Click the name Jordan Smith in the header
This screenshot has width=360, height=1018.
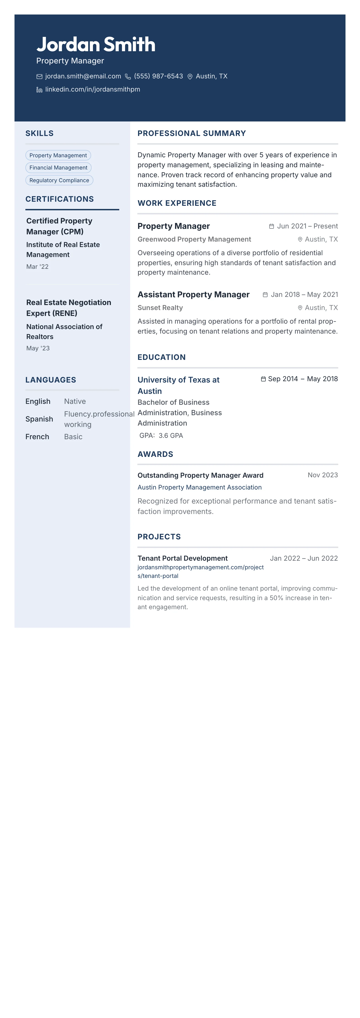pyautogui.click(x=96, y=44)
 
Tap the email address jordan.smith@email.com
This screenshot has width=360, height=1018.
pyautogui.click(x=83, y=76)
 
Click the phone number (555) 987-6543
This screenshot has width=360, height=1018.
pyautogui.click(x=158, y=76)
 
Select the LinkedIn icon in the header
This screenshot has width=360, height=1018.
pyautogui.click(x=39, y=90)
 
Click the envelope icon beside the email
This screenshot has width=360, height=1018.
pyautogui.click(x=39, y=77)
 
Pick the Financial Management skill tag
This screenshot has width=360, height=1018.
pyautogui.click(x=58, y=167)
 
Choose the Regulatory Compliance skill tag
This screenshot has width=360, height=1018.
pyautogui.click(x=59, y=180)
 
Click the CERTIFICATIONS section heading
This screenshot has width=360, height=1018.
pyautogui.click(x=60, y=199)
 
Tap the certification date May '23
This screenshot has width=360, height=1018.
pyautogui.click(x=38, y=348)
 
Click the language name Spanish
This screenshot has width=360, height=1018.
pyautogui.click(x=39, y=419)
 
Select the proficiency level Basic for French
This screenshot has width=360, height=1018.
pyautogui.click(x=73, y=437)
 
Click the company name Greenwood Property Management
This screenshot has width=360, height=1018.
pyautogui.click(x=194, y=239)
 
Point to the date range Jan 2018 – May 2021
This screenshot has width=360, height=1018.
pyautogui.click(x=304, y=294)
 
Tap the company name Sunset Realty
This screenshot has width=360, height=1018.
pyautogui.click(x=160, y=308)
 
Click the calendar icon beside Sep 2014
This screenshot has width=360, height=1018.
pyautogui.click(x=263, y=379)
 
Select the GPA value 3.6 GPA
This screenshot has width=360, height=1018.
pyautogui.click(x=171, y=436)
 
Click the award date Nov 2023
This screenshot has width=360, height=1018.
pyautogui.click(x=322, y=475)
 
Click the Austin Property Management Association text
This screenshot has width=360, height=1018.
pyautogui.click(x=199, y=487)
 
